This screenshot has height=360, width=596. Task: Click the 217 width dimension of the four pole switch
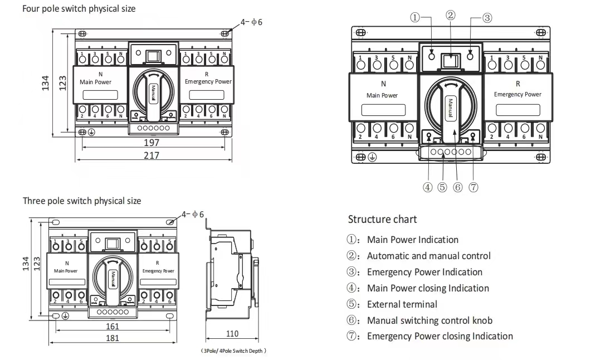tap(152, 155)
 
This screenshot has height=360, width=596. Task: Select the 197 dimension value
tap(152, 143)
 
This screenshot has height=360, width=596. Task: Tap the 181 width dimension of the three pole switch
tap(113, 338)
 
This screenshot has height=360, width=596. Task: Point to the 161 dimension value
tap(113, 326)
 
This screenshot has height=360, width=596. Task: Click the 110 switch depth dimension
tap(232, 333)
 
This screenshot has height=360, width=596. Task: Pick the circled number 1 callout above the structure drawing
tap(415, 17)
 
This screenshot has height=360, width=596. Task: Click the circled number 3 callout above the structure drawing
tap(487, 18)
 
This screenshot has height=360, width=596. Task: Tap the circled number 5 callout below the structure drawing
tap(442, 187)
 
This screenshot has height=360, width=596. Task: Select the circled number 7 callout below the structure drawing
tap(473, 187)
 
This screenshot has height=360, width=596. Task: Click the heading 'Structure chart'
tap(382, 220)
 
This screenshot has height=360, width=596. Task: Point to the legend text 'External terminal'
tap(402, 304)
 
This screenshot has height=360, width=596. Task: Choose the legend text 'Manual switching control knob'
tap(430, 320)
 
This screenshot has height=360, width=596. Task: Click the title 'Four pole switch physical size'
tap(79, 9)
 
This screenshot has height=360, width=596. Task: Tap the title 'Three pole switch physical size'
tap(82, 201)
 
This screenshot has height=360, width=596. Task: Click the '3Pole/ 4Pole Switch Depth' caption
tap(233, 351)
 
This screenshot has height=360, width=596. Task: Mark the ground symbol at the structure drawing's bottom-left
tap(372, 157)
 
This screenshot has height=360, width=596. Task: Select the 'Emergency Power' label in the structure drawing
tap(517, 94)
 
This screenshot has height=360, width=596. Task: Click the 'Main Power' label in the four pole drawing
tap(95, 82)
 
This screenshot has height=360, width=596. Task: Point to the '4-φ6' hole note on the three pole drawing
tap(192, 215)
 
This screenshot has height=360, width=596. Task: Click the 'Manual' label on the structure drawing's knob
tap(451, 108)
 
